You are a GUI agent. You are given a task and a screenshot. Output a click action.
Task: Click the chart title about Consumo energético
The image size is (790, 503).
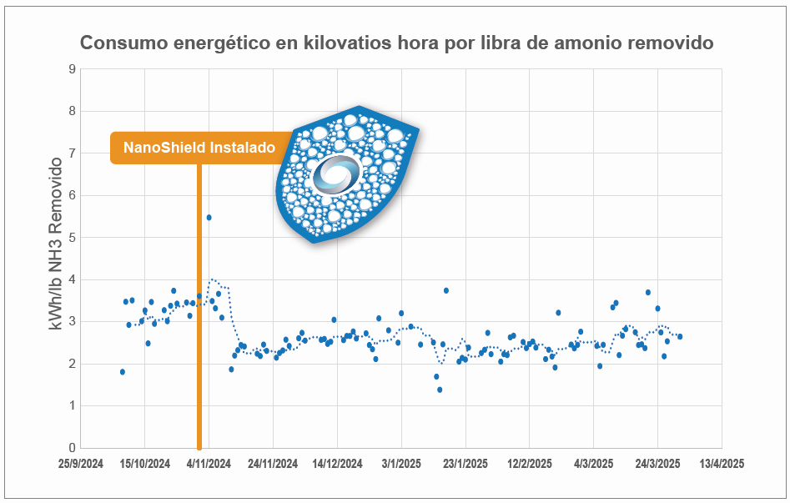(x=396, y=43)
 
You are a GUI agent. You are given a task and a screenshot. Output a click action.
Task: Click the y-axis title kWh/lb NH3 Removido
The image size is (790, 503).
(x=56, y=243)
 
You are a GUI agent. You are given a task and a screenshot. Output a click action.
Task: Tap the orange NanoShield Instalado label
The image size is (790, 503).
(x=199, y=148)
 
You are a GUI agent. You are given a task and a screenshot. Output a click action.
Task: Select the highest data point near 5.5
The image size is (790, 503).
(x=209, y=217)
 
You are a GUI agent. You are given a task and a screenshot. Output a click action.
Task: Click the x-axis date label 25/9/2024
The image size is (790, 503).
(x=80, y=463)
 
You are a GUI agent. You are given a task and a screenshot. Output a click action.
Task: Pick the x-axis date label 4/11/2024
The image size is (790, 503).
(x=209, y=463)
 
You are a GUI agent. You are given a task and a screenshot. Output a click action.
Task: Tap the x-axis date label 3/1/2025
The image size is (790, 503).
(x=401, y=463)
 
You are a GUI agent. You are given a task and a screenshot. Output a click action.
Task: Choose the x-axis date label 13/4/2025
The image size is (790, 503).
(x=722, y=463)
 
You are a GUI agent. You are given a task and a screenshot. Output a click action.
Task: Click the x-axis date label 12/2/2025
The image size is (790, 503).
(x=530, y=463)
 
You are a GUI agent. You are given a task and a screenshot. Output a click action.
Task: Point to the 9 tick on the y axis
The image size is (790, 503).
(x=72, y=68)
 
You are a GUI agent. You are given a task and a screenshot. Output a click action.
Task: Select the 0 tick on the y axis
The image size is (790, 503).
(x=72, y=448)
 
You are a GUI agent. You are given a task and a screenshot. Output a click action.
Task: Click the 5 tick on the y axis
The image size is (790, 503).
(x=72, y=237)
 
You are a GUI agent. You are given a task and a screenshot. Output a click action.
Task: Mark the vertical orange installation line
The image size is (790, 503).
(x=199, y=334)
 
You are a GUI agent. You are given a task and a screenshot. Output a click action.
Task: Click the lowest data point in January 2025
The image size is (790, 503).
(x=440, y=390)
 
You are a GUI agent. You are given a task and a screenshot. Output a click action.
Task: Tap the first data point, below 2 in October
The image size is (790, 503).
(x=123, y=372)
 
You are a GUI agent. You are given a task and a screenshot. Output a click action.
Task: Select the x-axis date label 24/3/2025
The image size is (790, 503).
(x=657, y=463)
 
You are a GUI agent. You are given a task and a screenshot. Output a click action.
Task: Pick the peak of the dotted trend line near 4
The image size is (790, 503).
(x=214, y=279)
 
